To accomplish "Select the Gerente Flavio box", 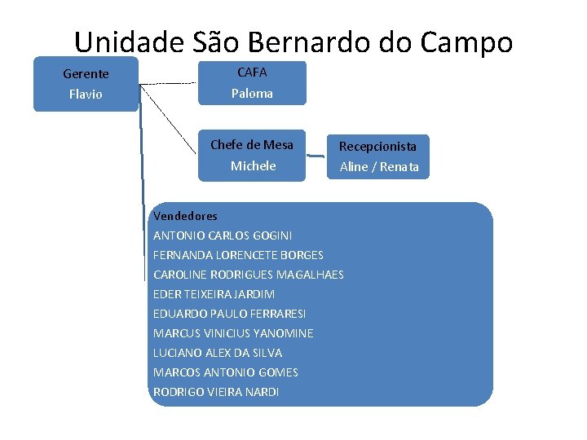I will click(x=86, y=84).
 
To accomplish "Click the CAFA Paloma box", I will click(x=252, y=82).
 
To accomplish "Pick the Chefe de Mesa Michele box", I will click(x=252, y=155).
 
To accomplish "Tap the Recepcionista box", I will click(x=378, y=156).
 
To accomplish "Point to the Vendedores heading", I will click(x=185, y=216).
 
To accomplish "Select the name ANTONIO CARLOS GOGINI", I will click(x=223, y=235).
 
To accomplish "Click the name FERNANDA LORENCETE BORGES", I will click(x=238, y=255).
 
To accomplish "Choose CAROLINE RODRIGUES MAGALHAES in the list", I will click(x=248, y=275).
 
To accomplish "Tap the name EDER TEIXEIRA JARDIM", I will click(x=214, y=294).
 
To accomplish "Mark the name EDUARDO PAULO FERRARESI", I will click(x=229, y=314).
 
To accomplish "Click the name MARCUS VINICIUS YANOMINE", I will click(x=233, y=333).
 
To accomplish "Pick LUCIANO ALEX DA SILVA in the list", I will click(x=217, y=353).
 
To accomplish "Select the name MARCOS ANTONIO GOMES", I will click(x=225, y=372).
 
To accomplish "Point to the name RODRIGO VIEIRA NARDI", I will click(x=216, y=392).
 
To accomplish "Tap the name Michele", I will click(x=253, y=166).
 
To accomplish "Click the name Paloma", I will click(x=252, y=94).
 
